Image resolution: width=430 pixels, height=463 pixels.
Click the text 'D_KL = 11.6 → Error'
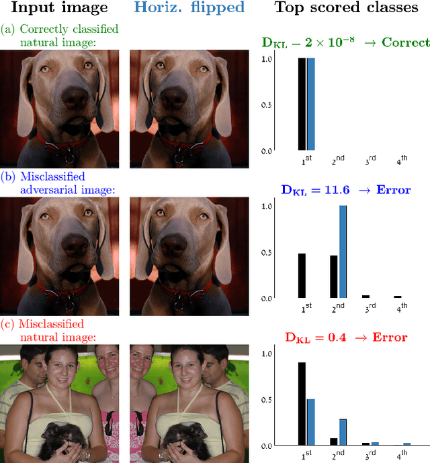pyautogui.click(x=345, y=191)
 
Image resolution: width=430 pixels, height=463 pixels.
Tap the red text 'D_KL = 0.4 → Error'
pyautogui.click(x=345, y=338)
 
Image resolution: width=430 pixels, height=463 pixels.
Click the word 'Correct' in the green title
pyautogui.click(x=406, y=42)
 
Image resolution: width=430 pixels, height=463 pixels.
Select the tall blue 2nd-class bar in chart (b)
pyautogui.click(x=343, y=252)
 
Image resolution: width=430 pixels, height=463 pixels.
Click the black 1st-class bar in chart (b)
pyautogui.click(x=302, y=275)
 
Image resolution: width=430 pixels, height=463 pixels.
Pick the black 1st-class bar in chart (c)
pyautogui.click(x=302, y=403)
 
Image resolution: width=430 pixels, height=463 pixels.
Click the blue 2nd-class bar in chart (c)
pyautogui.click(x=343, y=431)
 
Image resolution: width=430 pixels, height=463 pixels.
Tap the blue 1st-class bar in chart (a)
pyautogui.click(x=310, y=104)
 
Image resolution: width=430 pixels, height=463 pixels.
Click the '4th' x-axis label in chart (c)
pyautogui.click(x=402, y=455)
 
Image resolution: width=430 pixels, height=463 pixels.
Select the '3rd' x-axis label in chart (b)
pyautogui.click(x=370, y=307)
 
